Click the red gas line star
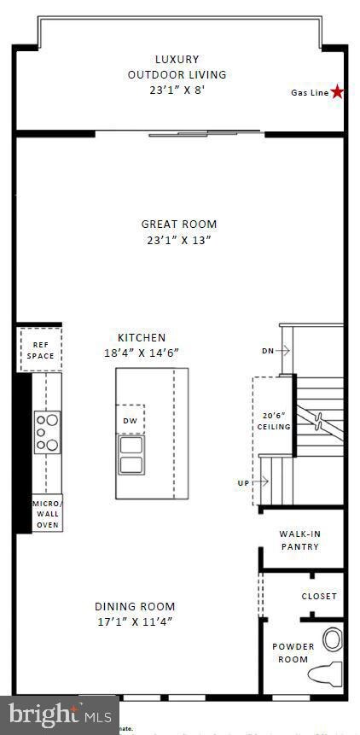(x=338, y=91)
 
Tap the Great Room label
(x=179, y=225)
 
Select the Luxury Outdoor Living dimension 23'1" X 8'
(x=177, y=89)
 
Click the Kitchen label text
(x=142, y=337)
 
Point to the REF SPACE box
(x=40, y=350)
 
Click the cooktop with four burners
(x=47, y=432)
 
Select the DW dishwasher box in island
(x=130, y=420)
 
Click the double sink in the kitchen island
(x=131, y=455)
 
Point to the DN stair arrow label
(x=266, y=350)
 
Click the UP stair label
(x=244, y=482)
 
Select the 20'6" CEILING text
(x=275, y=421)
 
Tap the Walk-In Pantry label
(x=299, y=540)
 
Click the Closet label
(x=319, y=596)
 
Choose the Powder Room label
(x=293, y=652)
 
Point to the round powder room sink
(x=332, y=639)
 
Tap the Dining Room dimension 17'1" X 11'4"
(x=134, y=621)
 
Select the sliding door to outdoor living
(x=205, y=133)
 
